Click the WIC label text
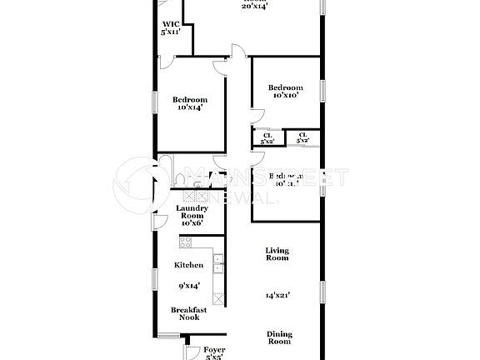(x=169, y=24)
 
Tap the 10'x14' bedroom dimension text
(x=190, y=107)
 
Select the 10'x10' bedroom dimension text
(x=285, y=96)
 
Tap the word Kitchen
(x=188, y=265)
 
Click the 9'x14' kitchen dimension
(x=189, y=286)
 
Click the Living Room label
(x=277, y=254)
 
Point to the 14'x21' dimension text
(x=277, y=295)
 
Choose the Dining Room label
(x=279, y=337)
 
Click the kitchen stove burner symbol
(x=185, y=242)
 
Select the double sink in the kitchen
(x=217, y=263)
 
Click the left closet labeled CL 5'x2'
(x=267, y=138)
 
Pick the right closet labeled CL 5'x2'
(x=302, y=138)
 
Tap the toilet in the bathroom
(x=181, y=178)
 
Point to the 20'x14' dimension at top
(x=254, y=6)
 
